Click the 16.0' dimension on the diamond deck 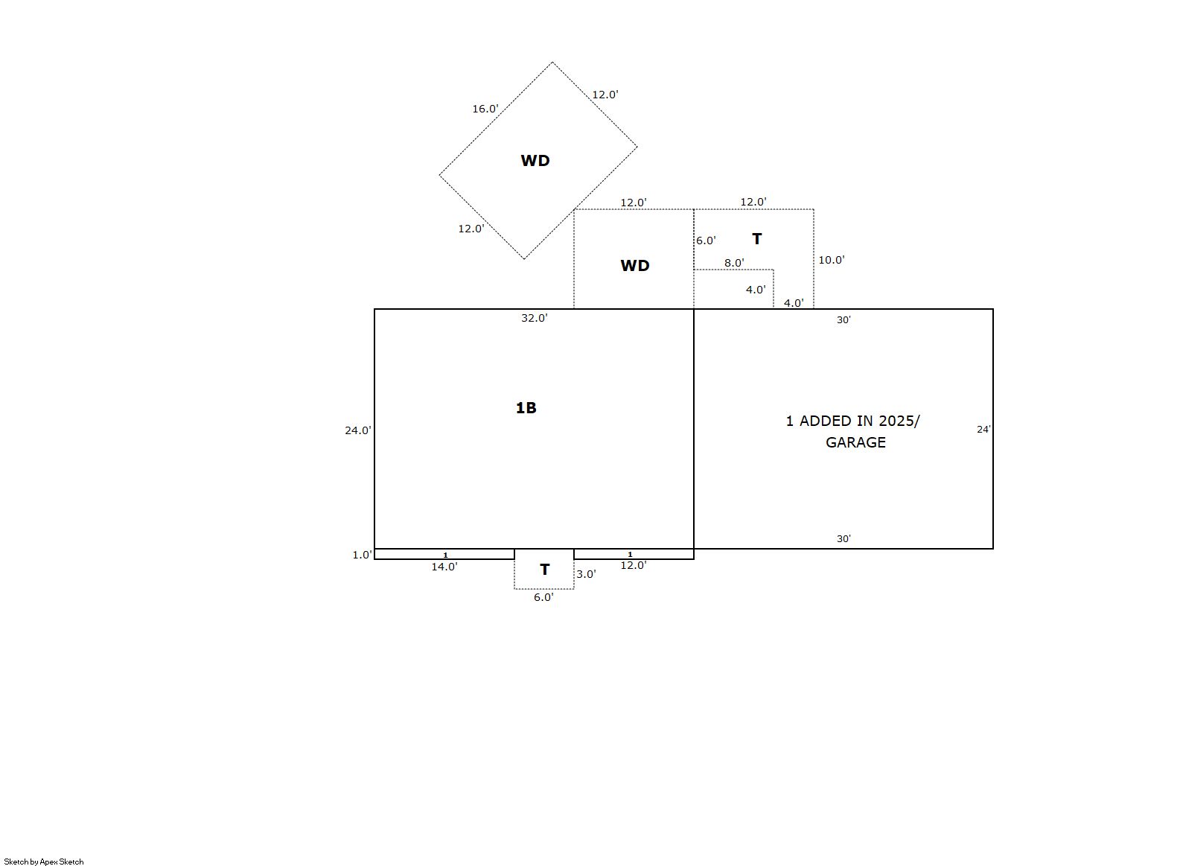pos(485,109)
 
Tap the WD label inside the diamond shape pos(535,161)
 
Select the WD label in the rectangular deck pos(635,266)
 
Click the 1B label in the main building pos(526,408)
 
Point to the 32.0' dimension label pos(534,318)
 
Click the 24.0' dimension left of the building pos(357,430)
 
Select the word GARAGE pos(855,442)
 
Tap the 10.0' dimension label pos(832,260)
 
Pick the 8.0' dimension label pos(734,262)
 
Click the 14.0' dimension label pos(444,567)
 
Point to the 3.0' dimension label pos(586,574)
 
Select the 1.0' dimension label pos(362,555)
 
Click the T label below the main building pos(545,570)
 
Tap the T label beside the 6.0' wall pos(757,239)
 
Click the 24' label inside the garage pos(983,430)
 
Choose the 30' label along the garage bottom pos(843,538)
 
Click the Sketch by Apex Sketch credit pos(44,862)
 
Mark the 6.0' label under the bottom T pos(543,597)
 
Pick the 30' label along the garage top pos(843,319)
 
